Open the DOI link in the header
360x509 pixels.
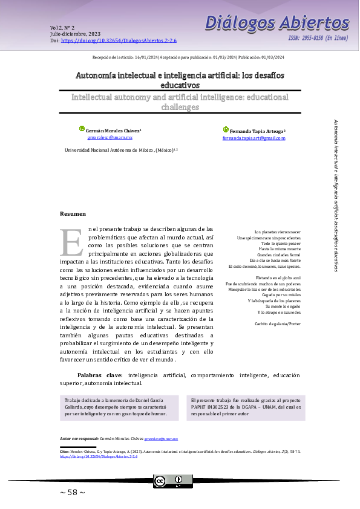click(x=119, y=41)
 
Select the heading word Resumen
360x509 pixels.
click(x=73, y=214)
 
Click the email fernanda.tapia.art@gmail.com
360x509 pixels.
click(x=254, y=138)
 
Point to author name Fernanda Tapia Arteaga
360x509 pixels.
click(x=256, y=131)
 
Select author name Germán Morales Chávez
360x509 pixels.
click(x=113, y=131)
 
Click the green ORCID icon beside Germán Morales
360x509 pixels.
click(x=82, y=129)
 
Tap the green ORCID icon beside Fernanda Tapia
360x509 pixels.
click(x=226, y=129)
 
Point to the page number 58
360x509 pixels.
click(x=73, y=492)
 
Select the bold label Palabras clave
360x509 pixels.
click(x=100, y=375)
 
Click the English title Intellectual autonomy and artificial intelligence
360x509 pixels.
click(x=180, y=102)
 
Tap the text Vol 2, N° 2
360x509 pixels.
click(x=62, y=28)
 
